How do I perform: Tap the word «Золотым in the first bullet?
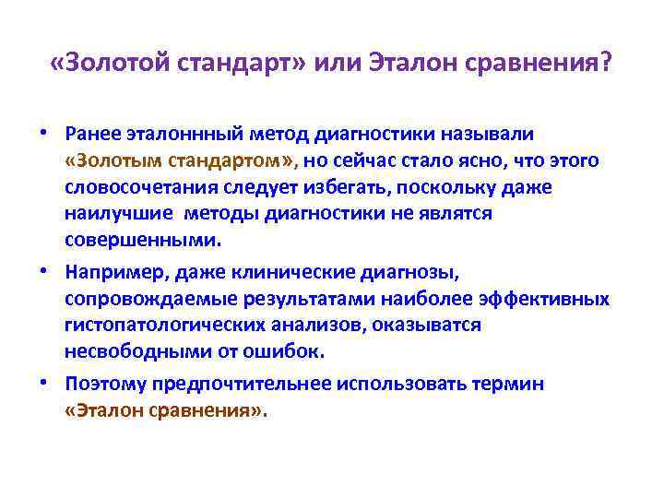coord(108,161)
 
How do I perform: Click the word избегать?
coord(373,188)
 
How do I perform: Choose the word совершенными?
coord(143,241)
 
